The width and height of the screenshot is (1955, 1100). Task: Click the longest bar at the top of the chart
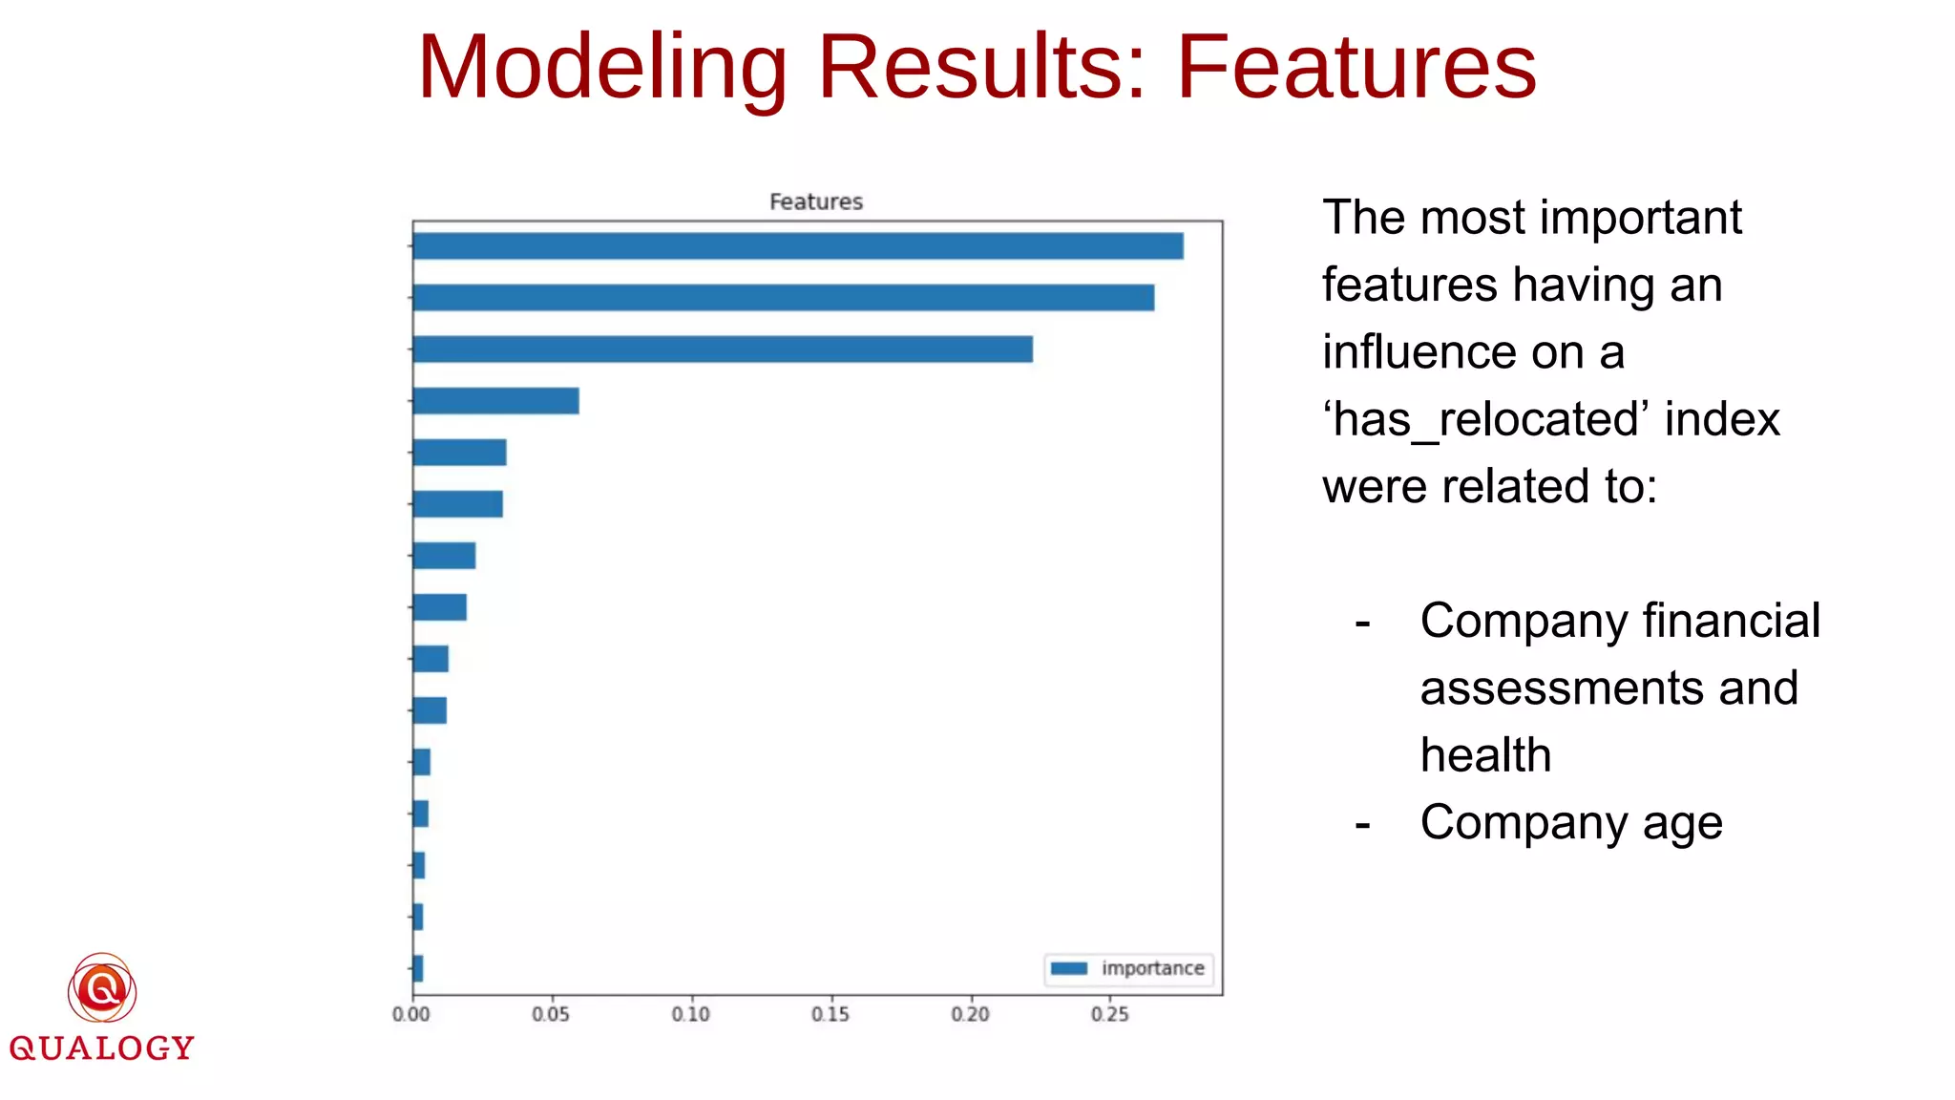pos(797,246)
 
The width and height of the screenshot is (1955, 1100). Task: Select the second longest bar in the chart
pos(783,298)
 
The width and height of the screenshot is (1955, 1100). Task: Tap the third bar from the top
pos(723,349)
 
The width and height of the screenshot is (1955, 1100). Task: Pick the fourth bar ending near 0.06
pos(495,401)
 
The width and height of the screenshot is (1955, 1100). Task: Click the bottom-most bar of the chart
pos(418,968)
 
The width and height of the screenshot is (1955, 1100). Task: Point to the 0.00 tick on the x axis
pos(411,1014)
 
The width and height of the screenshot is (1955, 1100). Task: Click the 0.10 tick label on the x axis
pos(690,1014)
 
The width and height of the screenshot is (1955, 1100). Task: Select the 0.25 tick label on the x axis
pos(1109,1014)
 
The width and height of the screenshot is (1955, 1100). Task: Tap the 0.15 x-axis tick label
pos(830,1014)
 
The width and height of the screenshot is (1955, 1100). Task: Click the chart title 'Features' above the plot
pos(815,201)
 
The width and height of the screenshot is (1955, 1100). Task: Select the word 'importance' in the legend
pos(1152,968)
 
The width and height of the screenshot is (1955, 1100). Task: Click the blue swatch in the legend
pos(1069,968)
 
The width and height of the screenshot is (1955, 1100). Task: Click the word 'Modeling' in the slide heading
pos(601,69)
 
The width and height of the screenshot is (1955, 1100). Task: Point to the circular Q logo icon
pos(102,989)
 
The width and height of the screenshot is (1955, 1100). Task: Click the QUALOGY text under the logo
pos(101,1048)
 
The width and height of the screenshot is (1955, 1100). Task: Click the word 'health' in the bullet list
pos(1485,755)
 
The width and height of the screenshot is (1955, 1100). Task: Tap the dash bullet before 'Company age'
pos(1362,823)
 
